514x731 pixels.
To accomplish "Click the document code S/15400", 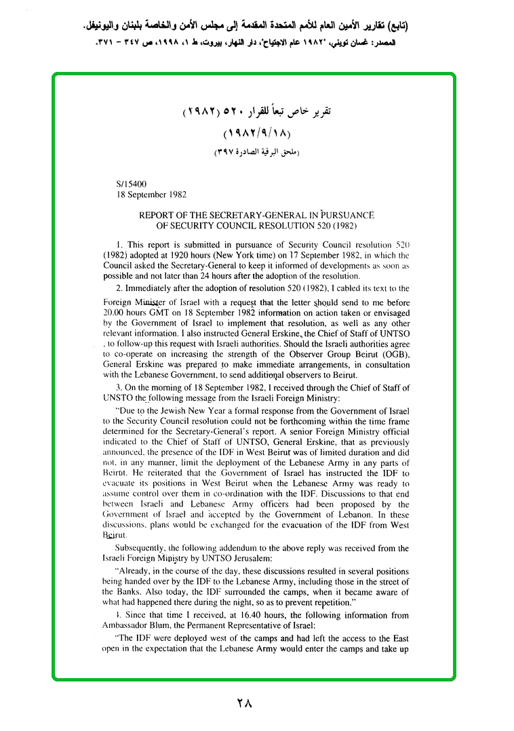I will pos(132,183).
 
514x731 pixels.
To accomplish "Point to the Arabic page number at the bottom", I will pos(245,703).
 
